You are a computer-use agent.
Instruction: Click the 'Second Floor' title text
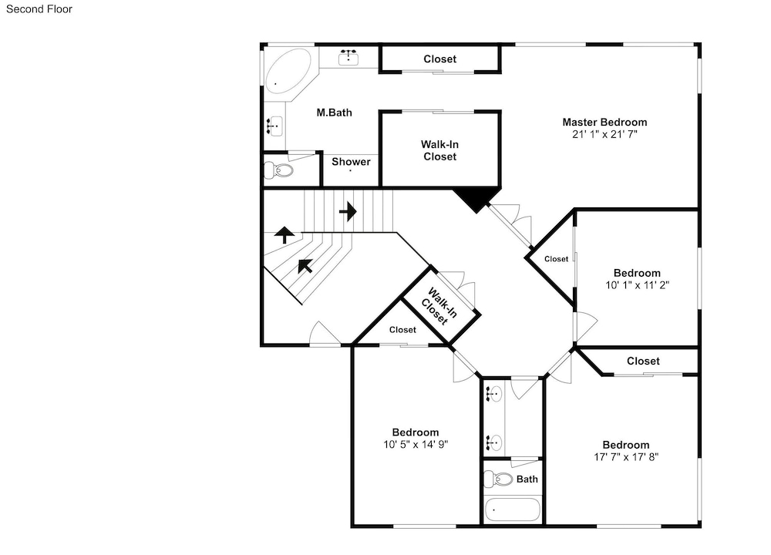click(x=39, y=8)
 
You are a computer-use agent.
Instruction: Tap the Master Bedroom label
click(x=604, y=122)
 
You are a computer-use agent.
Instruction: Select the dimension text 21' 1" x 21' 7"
click(x=604, y=134)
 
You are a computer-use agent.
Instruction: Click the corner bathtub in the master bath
click(x=288, y=71)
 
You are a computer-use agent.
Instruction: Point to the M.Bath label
click(x=335, y=113)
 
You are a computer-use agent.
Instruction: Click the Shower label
click(x=351, y=162)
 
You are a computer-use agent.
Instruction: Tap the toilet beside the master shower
click(x=279, y=170)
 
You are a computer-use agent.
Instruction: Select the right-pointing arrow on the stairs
click(x=348, y=211)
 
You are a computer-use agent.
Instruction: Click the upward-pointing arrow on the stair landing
click(x=284, y=235)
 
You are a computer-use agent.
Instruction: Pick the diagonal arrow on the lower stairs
click(x=305, y=266)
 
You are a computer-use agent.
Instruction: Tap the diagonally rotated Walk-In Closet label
click(x=439, y=306)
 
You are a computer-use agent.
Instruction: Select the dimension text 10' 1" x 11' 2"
click(x=638, y=285)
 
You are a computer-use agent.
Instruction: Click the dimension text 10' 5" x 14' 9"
click(x=416, y=445)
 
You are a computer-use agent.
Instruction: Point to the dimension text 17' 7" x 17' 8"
click(x=626, y=456)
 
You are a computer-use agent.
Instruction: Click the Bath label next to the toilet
click(x=527, y=479)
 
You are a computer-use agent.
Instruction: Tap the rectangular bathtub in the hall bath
click(x=513, y=510)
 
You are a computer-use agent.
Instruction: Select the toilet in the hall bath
click(x=498, y=479)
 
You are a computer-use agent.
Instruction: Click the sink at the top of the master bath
click(x=348, y=57)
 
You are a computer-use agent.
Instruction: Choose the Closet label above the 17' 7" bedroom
click(x=643, y=361)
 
